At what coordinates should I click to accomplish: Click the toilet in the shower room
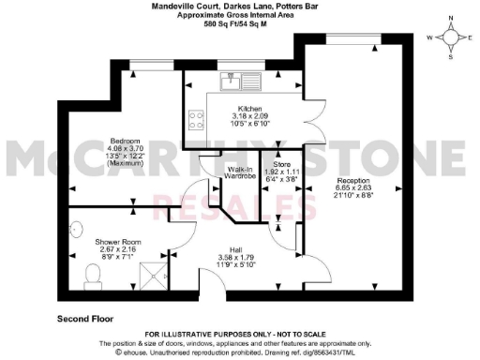pos(93,272)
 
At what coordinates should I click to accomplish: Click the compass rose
pos(452,38)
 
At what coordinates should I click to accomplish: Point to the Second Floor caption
pos(87,318)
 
